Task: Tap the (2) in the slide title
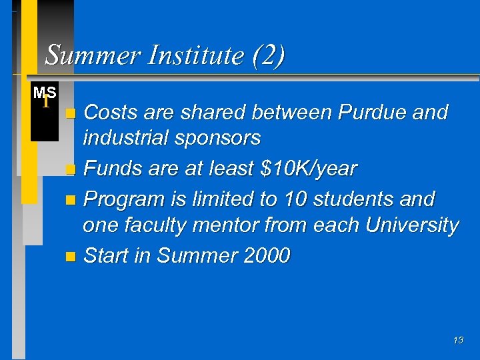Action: tap(269, 55)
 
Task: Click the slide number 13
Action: tap(458, 340)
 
